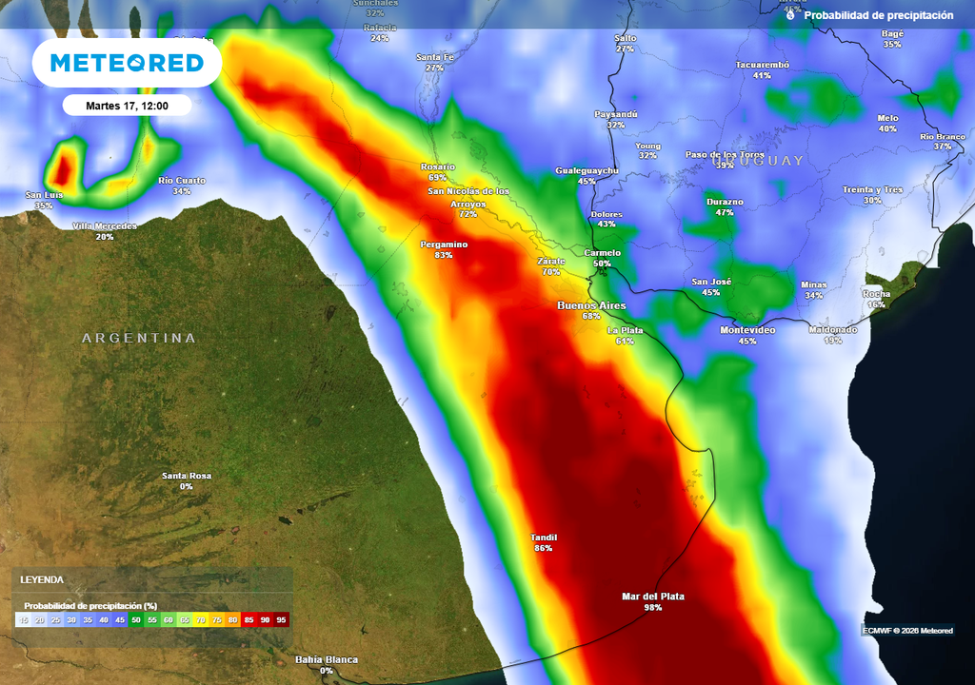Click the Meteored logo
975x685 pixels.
click(127, 64)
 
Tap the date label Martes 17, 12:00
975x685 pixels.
click(127, 106)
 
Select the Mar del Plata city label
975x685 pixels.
click(652, 597)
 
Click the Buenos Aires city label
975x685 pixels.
click(591, 304)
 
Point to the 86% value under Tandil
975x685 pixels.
click(543, 548)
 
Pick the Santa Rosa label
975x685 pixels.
click(187, 476)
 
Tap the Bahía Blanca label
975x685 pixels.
click(327, 659)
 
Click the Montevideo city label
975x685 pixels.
click(747, 329)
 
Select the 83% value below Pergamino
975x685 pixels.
click(444, 255)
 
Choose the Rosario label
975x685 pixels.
click(438, 166)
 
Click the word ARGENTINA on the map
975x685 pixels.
click(139, 338)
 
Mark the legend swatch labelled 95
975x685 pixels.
click(281, 619)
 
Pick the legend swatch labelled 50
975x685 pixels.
click(136, 619)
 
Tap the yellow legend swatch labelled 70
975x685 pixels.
click(201, 619)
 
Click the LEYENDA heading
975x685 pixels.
click(42, 579)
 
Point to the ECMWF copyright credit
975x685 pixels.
click(907, 630)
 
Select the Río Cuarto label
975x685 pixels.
click(182, 181)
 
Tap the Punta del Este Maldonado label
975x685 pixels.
click(833, 329)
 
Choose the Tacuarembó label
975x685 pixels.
click(763, 65)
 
